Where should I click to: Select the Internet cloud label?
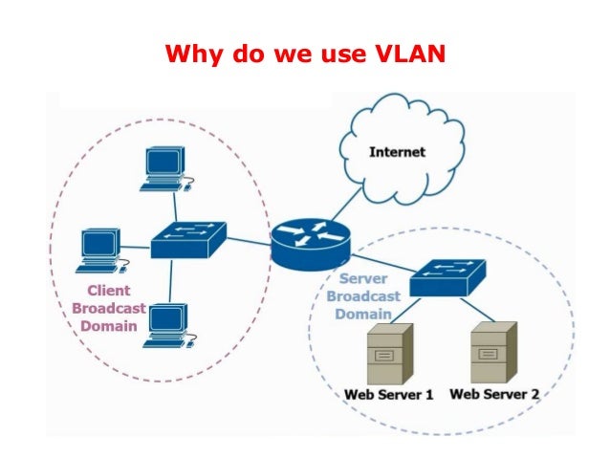[x=397, y=152]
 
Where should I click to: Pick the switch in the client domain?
[x=187, y=239]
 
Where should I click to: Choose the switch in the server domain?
[x=448, y=278]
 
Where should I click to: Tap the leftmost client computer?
[x=99, y=251]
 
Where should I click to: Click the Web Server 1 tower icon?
[x=389, y=353]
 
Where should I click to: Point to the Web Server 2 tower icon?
[x=493, y=353]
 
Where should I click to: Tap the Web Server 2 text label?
[x=494, y=394]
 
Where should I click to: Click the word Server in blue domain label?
[x=363, y=279]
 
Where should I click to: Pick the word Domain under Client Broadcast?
[x=108, y=326]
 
